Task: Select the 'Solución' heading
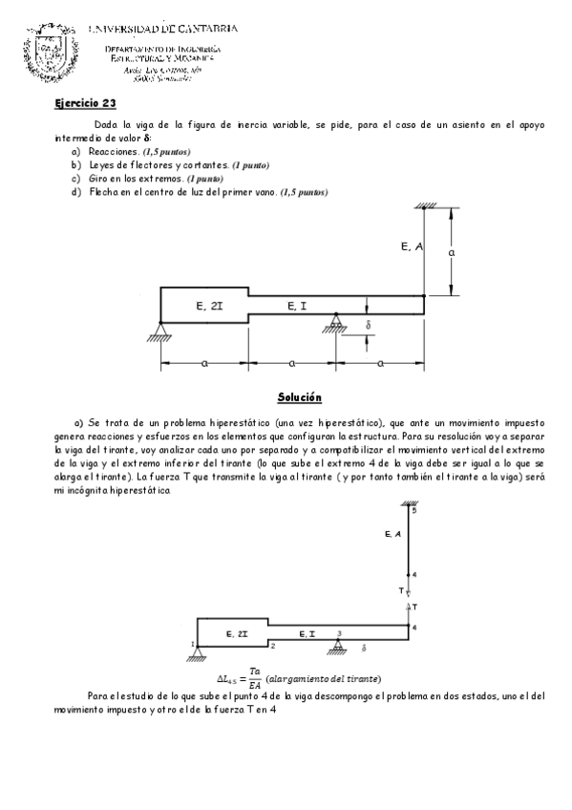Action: point(299,395)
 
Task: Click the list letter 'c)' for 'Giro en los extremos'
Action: point(75,179)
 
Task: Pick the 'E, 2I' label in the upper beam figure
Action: point(209,306)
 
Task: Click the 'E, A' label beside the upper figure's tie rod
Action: point(413,246)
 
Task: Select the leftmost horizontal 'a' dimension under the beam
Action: point(204,364)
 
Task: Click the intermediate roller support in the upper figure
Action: point(335,323)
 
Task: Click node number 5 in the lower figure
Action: point(413,511)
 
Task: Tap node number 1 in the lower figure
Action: point(192,644)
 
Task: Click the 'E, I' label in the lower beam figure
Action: point(307,633)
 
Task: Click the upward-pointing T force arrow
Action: point(408,607)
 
